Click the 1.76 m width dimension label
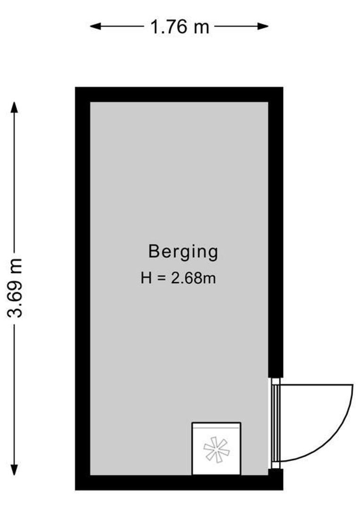[x=180, y=27]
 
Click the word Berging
[x=183, y=252]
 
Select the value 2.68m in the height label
[x=193, y=278]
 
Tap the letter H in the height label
[x=146, y=278]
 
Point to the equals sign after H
[x=161, y=279]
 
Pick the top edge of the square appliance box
[x=216, y=423]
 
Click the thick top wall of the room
[x=179, y=94]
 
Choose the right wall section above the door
[x=275, y=236]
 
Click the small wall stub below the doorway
[x=275, y=478]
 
